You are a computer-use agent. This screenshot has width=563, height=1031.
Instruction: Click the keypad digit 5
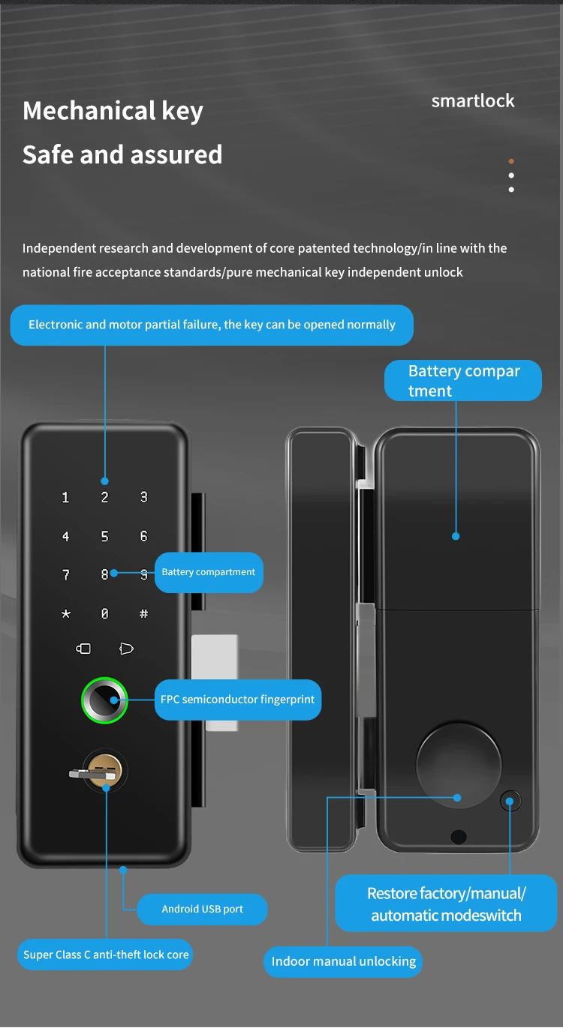(104, 536)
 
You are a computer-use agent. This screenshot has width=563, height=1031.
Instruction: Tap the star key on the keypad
(66, 613)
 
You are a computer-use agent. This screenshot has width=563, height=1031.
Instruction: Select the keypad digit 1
(65, 497)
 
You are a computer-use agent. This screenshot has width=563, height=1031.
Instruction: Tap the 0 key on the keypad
(104, 613)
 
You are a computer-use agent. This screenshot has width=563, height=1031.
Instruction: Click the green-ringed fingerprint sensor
(105, 700)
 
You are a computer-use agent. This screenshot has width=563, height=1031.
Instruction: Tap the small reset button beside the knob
(510, 801)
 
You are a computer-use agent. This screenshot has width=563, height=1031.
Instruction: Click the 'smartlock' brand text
(473, 100)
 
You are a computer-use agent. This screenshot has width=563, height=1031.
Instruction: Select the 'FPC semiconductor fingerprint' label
(238, 700)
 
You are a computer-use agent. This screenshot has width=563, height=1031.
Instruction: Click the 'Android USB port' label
(203, 909)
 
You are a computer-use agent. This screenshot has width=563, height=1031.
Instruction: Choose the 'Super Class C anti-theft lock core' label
(105, 955)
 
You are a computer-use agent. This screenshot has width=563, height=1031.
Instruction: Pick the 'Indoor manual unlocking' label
(344, 961)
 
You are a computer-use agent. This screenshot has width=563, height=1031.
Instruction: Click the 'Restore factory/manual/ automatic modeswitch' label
(446, 904)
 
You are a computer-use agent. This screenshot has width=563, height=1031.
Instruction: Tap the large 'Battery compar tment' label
(463, 381)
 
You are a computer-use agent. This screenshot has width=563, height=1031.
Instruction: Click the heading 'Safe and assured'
(122, 154)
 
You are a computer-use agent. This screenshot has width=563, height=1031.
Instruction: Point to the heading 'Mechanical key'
(113, 111)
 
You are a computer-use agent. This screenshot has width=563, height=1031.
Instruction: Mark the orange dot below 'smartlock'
(511, 161)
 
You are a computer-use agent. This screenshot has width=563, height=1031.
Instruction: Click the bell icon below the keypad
(126, 649)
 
